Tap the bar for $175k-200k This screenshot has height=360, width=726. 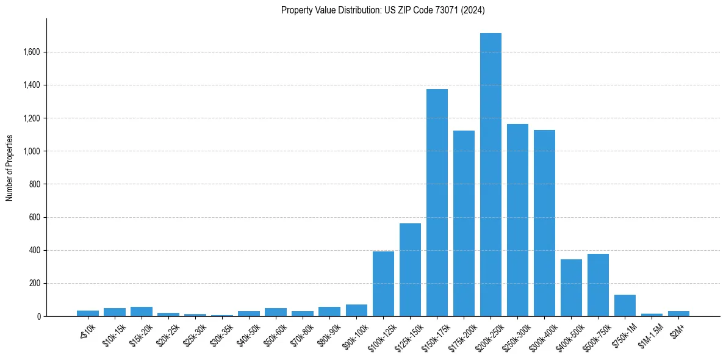(x=464, y=223)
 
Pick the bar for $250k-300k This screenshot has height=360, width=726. (x=517, y=220)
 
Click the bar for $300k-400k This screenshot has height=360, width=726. (x=544, y=223)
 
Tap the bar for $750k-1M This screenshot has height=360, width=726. (x=625, y=306)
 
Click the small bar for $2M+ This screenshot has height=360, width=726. (x=678, y=314)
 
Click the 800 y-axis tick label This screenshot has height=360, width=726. (x=34, y=184)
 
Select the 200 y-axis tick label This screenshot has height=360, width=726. (x=34, y=283)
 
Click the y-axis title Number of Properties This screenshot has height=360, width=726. (x=9, y=168)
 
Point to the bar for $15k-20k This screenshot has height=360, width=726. (x=142, y=312)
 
